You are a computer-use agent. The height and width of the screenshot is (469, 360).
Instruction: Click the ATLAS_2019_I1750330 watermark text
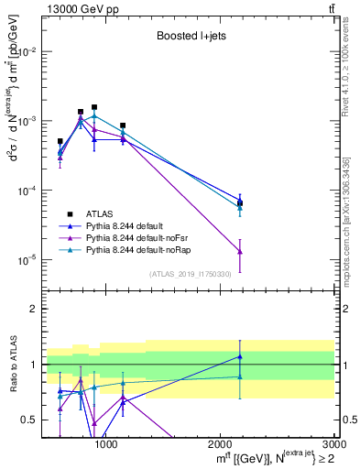click(x=191, y=274)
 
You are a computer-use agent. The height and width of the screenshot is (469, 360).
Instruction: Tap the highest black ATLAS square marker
click(x=94, y=107)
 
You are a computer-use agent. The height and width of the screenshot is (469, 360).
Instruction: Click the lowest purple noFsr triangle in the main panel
click(x=240, y=252)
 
